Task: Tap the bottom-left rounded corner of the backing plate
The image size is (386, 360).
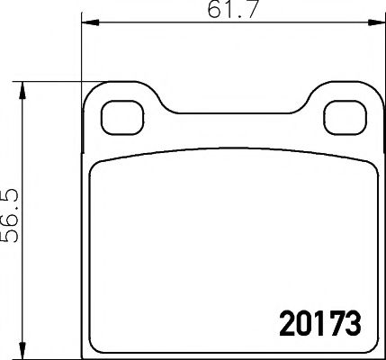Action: pos(88,346)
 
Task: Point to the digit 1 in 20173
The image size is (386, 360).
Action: pos(316,321)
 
